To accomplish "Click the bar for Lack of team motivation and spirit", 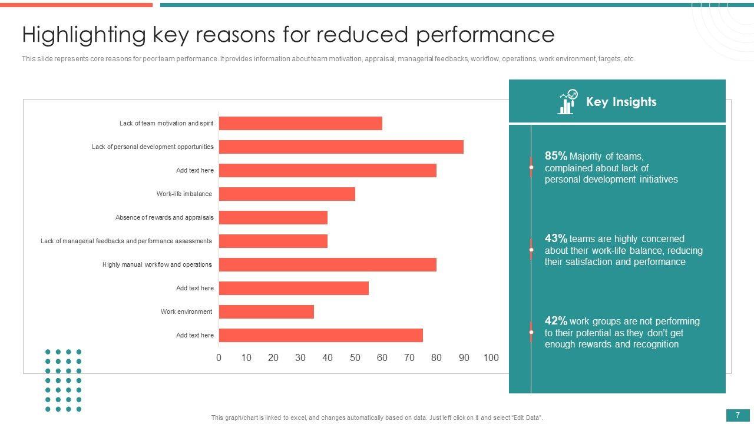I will click(300, 123).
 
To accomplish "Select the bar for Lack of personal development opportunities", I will click(341, 147).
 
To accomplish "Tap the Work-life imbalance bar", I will click(287, 194).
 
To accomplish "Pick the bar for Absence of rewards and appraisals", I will click(273, 217).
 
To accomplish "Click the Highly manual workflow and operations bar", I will click(328, 264).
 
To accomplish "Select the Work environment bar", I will click(266, 312).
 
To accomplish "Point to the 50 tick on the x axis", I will click(355, 357).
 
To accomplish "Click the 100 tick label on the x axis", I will click(491, 357).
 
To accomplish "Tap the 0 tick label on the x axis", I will click(219, 357).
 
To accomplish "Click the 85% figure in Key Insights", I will click(556, 156).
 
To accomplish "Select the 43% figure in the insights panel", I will click(556, 238).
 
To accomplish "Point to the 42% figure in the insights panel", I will click(556, 321).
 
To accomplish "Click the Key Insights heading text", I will click(621, 102).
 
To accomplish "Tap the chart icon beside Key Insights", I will click(567, 102).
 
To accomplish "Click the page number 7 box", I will click(738, 416).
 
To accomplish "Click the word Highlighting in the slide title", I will click(84, 35).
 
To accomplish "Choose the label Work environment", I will click(186, 312).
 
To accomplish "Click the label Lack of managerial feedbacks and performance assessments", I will click(126, 241).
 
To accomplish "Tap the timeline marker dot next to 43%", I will click(531, 250).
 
